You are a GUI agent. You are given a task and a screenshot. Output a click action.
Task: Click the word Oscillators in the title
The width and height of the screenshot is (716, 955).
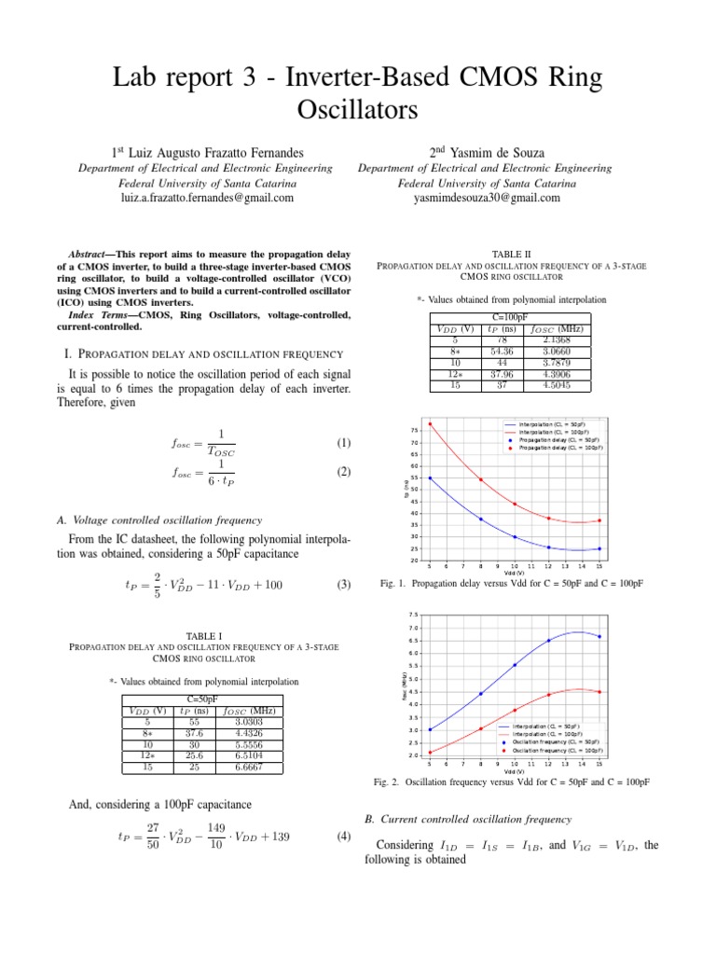pyautogui.click(x=358, y=110)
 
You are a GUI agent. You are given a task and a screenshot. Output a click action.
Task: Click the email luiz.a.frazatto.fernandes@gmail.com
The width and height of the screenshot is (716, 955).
pyautogui.click(x=207, y=198)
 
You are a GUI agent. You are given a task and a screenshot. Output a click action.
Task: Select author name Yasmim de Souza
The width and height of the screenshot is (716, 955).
pyautogui.click(x=496, y=151)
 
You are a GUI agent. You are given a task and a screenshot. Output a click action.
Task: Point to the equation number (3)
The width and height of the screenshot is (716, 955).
pyautogui.click(x=343, y=586)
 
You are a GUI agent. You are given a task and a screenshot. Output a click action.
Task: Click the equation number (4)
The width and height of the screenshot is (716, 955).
pyautogui.click(x=343, y=837)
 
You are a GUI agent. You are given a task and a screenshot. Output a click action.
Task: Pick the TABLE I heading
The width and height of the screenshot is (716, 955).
pyautogui.click(x=204, y=634)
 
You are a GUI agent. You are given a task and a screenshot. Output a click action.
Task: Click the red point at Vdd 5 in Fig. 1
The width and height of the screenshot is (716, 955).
pyautogui.click(x=430, y=424)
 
